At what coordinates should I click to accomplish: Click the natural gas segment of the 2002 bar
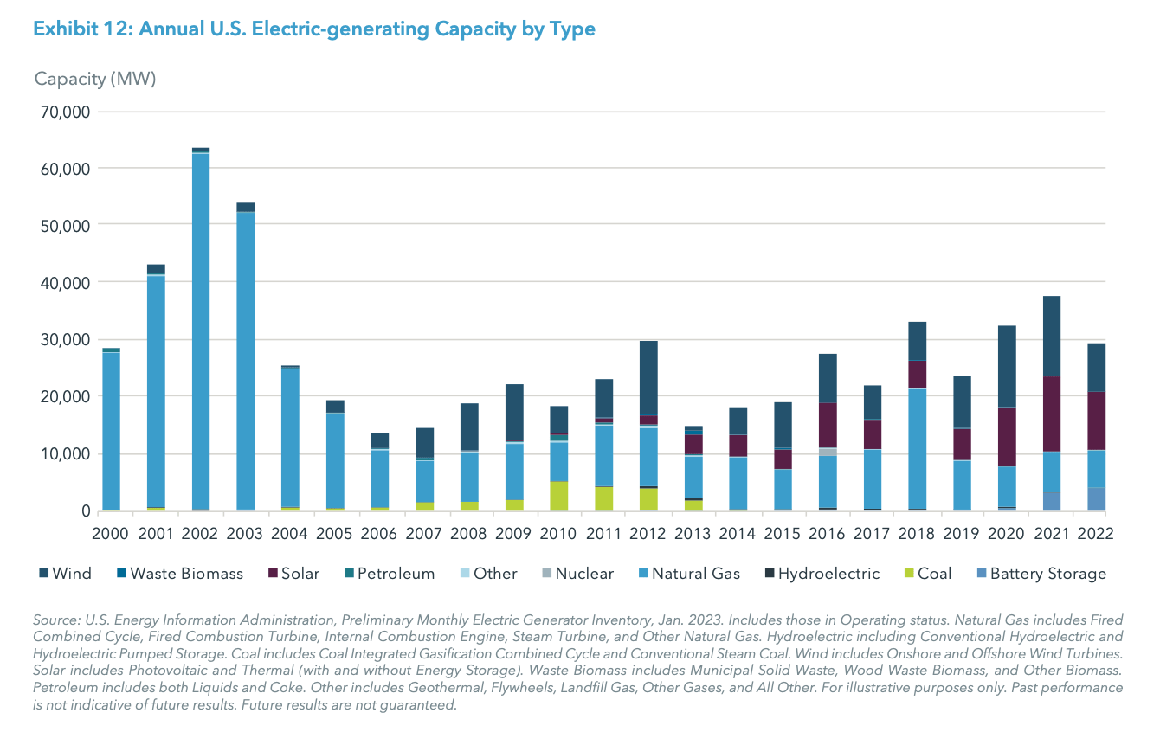201,329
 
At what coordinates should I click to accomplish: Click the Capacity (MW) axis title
95,79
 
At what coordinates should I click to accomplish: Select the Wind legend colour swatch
44,574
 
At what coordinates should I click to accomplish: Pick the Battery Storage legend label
1047,574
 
